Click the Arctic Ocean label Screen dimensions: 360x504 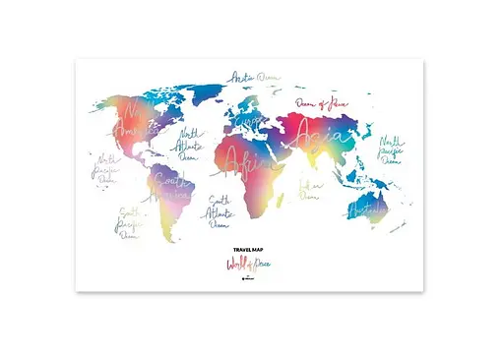point(253,76)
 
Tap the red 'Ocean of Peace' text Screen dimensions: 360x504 point(324,104)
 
